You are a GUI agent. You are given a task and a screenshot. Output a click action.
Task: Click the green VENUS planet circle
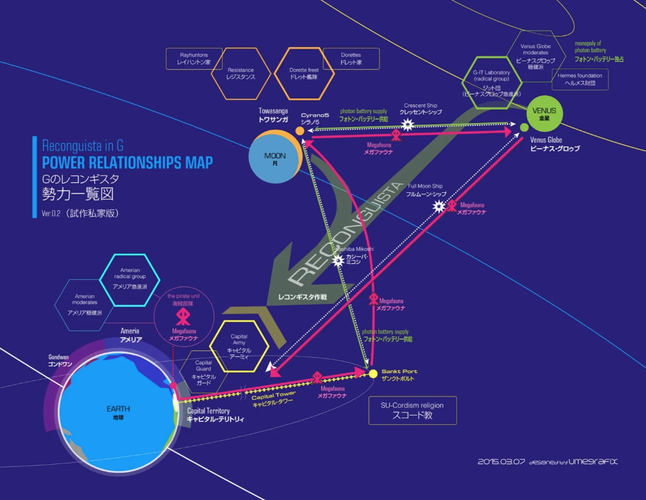[544, 114]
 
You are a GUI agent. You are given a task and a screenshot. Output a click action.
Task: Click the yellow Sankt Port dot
[373, 373]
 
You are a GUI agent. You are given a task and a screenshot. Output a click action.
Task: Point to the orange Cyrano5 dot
[300, 131]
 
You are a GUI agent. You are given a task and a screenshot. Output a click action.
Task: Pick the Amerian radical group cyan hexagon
[130, 279]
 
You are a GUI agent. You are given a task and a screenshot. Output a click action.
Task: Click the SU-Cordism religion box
[412, 410]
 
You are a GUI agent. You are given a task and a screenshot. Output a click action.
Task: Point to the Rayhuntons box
[194, 58]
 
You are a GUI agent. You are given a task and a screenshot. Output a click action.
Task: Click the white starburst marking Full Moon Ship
[438, 206]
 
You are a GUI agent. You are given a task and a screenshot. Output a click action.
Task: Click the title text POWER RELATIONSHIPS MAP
[127, 163]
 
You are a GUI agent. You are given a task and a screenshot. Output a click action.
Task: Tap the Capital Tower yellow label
[273, 398]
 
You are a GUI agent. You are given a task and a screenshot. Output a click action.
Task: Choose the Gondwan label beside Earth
[59, 360]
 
